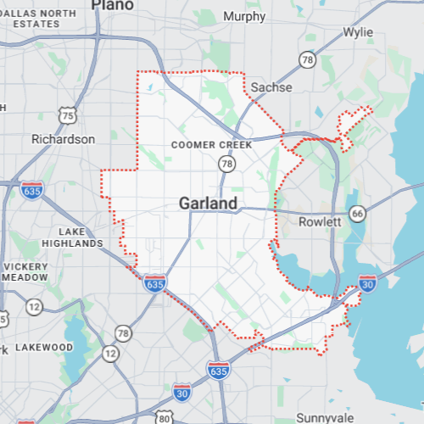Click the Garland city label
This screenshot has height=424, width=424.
[x=209, y=204]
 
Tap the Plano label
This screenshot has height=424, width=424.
[x=112, y=5]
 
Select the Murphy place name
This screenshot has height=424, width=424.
[x=243, y=17]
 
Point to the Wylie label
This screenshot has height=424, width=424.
[x=358, y=32]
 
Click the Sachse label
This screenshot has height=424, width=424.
[x=272, y=87]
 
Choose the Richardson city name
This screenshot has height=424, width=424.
[x=63, y=139]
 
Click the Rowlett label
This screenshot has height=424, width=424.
[x=320, y=221]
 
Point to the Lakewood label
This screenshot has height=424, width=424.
[x=46, y=347]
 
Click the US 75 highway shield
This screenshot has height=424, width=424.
[x=68, y=114]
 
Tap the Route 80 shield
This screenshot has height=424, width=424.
[x=164, y=418]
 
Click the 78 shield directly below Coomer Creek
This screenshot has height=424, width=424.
[x=226, y=163]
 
